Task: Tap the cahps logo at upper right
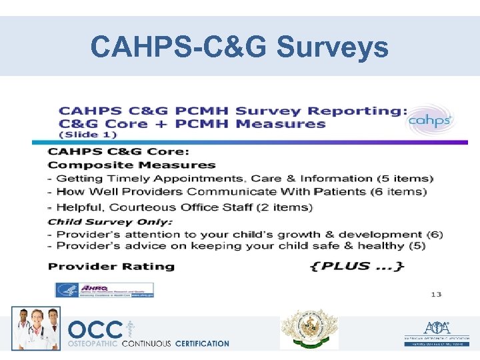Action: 431,120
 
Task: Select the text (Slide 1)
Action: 88,135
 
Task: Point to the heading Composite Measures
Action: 132,165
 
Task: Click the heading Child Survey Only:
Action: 110,221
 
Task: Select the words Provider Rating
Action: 111,267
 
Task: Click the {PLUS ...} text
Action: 357,266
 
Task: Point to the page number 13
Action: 435,294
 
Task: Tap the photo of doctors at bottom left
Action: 36,328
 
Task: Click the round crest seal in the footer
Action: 309,329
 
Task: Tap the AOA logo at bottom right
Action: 436,331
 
